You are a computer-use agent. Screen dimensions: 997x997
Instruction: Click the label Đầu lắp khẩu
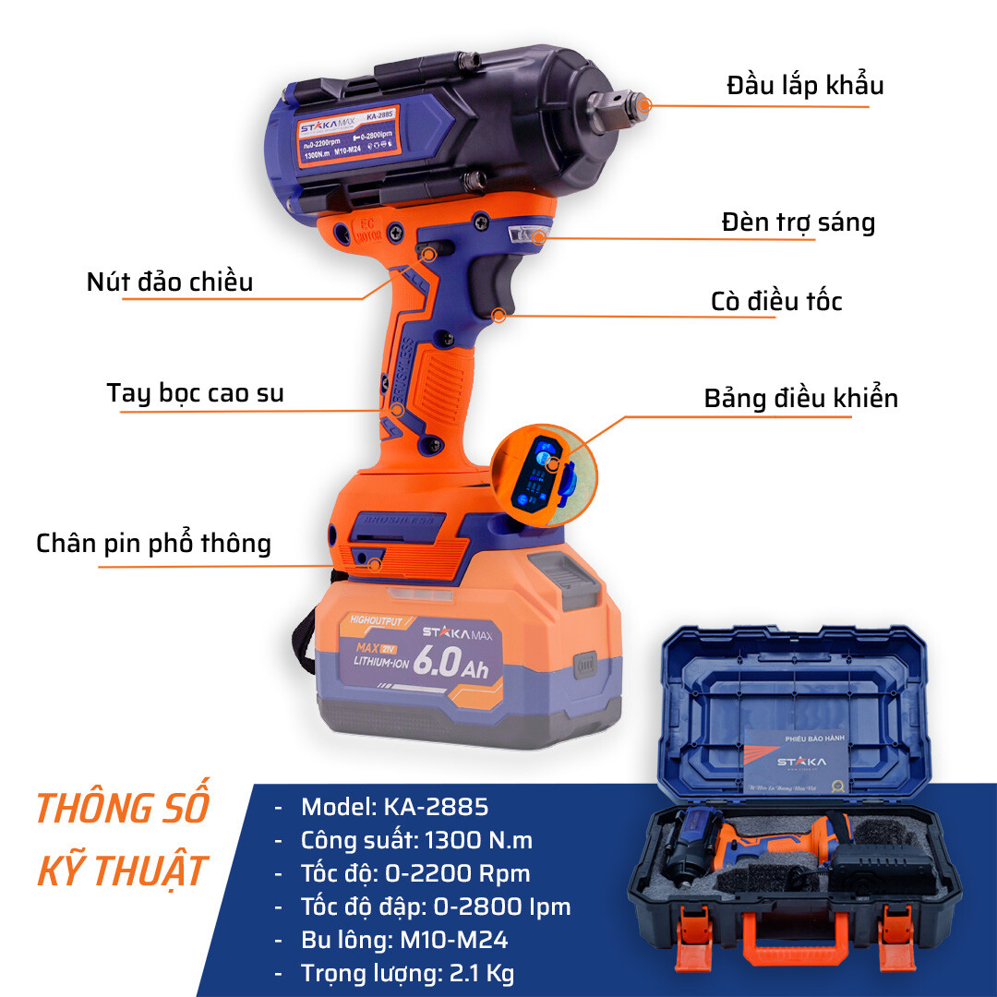coord(805,85)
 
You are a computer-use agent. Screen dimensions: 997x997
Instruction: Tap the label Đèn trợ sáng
coord(798,222)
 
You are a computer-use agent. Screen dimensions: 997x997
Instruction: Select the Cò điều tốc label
coord(776,302)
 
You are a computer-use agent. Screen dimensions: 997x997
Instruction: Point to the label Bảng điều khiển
coord(800,399)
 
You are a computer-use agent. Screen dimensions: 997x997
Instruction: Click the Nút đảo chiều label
coord(170,282)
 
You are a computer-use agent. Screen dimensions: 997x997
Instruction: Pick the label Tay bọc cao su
coord(196,393)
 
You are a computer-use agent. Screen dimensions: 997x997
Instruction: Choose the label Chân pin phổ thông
coord(154,544)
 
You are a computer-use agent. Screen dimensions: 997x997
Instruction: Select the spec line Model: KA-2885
coord(395,807)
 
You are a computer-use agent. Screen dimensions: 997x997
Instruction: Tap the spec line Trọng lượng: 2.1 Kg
coord(408,973)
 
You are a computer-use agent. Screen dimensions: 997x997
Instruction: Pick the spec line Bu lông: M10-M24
coord(404,940)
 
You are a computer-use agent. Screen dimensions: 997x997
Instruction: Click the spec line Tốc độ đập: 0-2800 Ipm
coord(436,907)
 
